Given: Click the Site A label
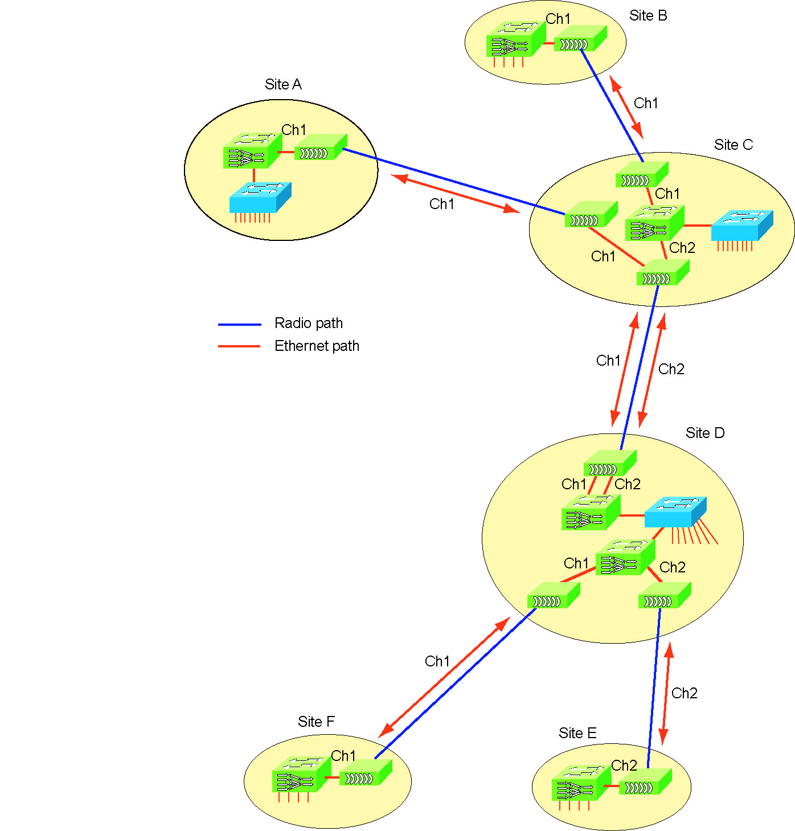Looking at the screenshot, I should coord(283,85).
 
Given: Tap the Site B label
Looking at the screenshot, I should coord(648,16).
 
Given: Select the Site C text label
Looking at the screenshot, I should coord(733,145).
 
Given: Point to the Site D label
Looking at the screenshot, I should coord(705,433).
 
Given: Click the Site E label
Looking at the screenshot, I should coord(577,734).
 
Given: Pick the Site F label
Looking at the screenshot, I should coord(316,722).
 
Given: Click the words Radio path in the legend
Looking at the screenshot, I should coord(309,324).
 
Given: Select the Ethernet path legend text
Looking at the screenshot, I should coord(317,346).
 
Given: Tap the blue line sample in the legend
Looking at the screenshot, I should coord(239,325).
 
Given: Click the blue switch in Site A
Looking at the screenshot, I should coord(260,197).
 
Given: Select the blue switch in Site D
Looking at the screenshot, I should coord(675,511).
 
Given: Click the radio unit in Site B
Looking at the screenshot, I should coord(579,38).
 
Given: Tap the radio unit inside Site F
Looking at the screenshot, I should coord(365,773).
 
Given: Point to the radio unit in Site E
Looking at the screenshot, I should coord(645,782).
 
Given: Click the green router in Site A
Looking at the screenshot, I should coord(252,151).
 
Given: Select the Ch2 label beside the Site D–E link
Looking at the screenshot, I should coord(685,694).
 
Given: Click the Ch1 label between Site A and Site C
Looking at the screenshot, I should coord(442,204).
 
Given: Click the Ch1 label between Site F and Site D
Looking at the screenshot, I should coord(437,662).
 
